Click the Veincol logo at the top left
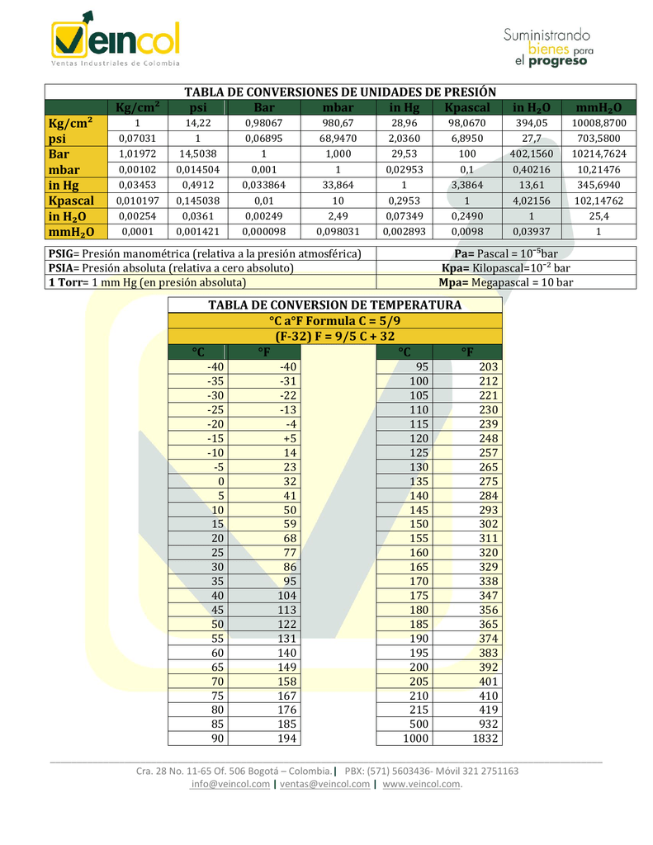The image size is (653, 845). click(x=115, y=39)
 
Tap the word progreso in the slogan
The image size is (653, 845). click(x=561, y=61)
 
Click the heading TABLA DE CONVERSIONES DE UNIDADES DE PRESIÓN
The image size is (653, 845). click(x=339, y=92)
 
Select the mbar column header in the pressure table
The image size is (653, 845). click(x=338, y=107)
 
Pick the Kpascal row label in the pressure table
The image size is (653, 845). click(x=71, y=201)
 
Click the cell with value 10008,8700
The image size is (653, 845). click(x=599, y=123)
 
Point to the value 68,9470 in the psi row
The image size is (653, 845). click(x=338, y=139)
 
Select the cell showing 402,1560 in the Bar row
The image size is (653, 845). click(x=532, y=154)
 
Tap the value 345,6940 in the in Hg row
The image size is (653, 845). click(x=599, y=185)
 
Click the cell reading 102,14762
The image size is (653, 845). click(x=599, y=201)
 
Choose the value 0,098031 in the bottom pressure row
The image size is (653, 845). click(x=338, y=232)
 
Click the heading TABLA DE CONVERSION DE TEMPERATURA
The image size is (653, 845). click(x=334, y=305)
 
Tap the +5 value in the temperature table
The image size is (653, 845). click(x=288, y=438)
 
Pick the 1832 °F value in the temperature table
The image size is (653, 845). click(x=485, y=738)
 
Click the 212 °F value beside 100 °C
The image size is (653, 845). click(x=488, y=381)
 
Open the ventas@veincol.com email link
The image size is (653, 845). click(x=324, y=784)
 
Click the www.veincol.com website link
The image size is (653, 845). click(x=421, y=784)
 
